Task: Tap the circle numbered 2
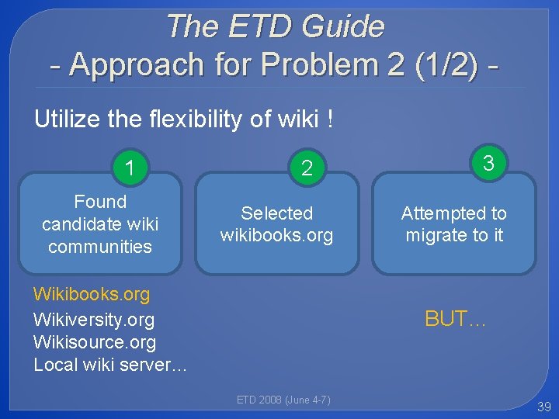pyautogui.click(x=307, y=168)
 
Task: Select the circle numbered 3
pyautogui.click(x=488, y=162)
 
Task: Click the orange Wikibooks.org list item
pyautogui.click(x=92, y=294)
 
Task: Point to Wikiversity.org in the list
pyautogui.click(x=94, y=319)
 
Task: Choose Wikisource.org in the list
pyautogui.click(x=95, y=342)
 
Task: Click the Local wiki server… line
pyautogui.click(x=110, y=365)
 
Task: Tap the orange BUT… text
pyautogui.click(x=455, y=318)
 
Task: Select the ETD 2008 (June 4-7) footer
pyautogui.click(x=283, y=400)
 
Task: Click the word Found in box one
pyautogui.click(x=100, y=202)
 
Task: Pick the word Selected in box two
pyautogui.click(x=277, y=213)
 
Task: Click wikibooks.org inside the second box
pyautogui.click(x=276, y=235)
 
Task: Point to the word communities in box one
pyautogui.click(x=100, y=247)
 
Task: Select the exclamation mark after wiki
pyautogui.click(x=332, y=119)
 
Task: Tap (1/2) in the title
pyautogui.click(x=445, y=65)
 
